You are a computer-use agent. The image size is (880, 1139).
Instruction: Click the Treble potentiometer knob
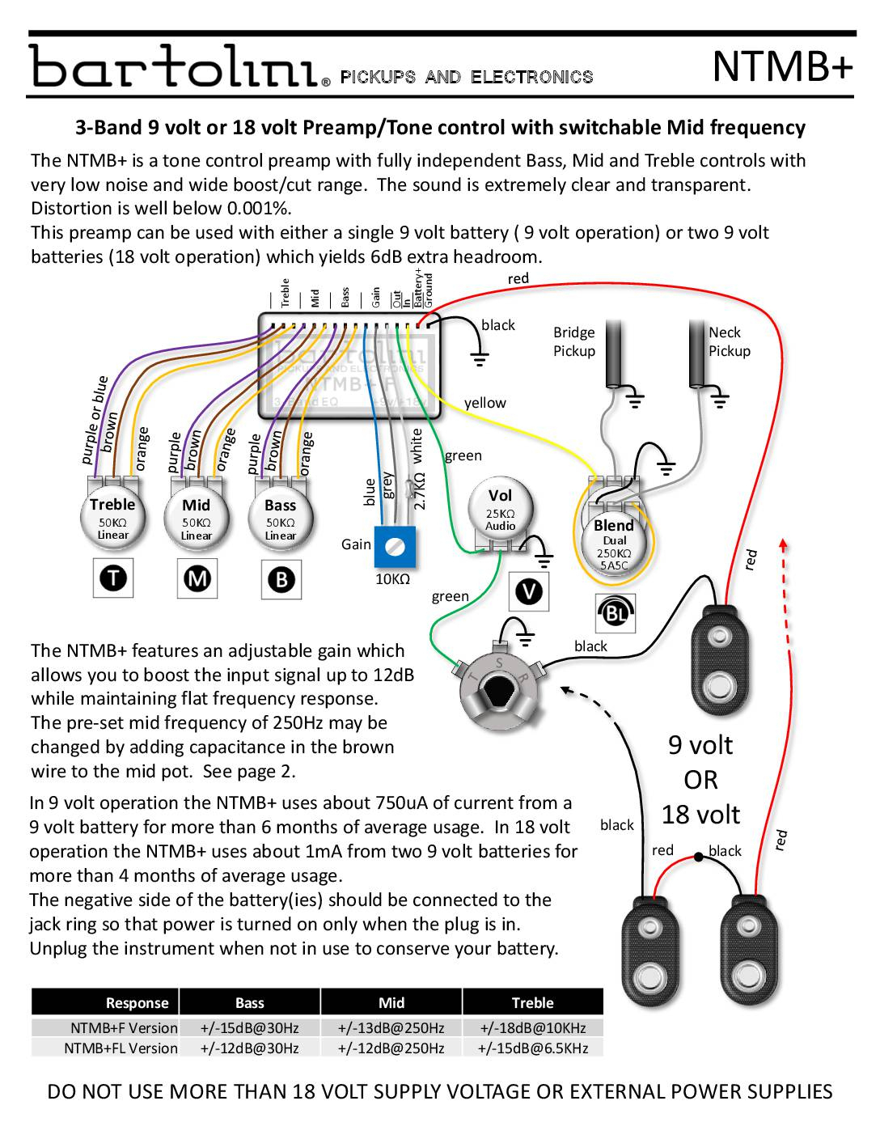[113, 518]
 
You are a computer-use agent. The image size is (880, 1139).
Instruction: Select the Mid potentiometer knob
[197, 519]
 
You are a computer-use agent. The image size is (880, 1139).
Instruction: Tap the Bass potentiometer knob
[281, 519]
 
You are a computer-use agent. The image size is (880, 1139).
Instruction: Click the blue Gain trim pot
[396, 547]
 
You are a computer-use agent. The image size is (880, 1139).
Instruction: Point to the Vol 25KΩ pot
[500, 510]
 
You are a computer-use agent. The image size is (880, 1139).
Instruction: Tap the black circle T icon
[113, 578]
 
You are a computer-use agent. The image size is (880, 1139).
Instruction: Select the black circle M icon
[197, 578]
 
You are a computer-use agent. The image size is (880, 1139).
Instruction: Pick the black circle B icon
[281, 579]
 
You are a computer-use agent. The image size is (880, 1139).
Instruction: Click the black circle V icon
[529, 591]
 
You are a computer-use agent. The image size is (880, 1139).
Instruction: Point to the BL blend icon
[616, 613]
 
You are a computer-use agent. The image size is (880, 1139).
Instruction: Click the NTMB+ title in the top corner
[782, 66]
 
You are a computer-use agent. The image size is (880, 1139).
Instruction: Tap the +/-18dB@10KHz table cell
[532, 1028]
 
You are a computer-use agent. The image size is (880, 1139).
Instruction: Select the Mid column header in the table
[391, 1003]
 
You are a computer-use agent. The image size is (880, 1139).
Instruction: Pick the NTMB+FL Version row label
[121, 1048]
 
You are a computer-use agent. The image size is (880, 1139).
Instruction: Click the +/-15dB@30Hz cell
[249, 1028]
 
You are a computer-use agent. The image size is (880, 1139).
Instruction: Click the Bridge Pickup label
[574, 341]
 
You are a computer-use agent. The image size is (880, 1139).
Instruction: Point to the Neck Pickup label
[730, 341]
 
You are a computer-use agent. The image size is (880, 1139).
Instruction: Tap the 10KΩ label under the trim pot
[393, 579]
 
